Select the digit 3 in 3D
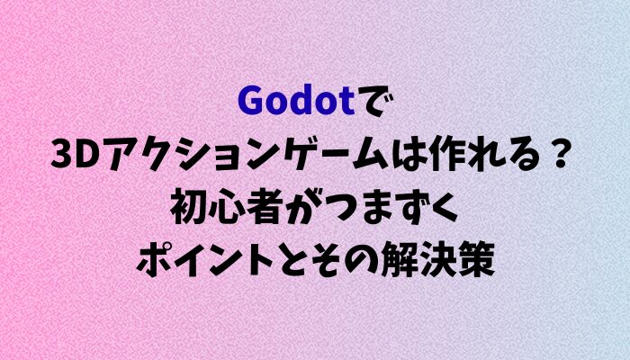point(62,157)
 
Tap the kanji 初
point(188,210)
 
